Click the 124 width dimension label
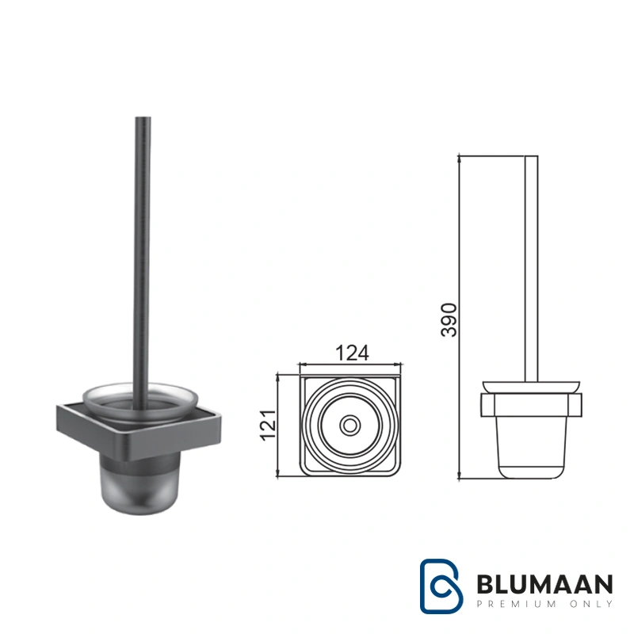click(x=352, y=353)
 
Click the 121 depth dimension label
click(x=268, y=426)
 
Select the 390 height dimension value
click(x=449, y=320)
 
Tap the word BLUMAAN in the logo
click(x=544, y=584)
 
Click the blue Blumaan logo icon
click(x=441, y=586)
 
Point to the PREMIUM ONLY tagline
click(x=544, y=604)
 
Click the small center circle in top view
click(x=349, y=426)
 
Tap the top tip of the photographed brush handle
click(x=143, y=117)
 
